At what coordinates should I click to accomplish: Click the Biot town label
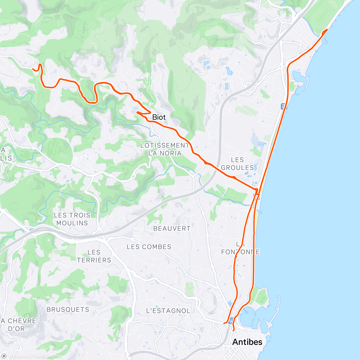click(159, 117)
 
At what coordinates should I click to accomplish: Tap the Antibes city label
click(247, 342)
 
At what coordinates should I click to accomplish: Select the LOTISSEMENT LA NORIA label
click(165, 149)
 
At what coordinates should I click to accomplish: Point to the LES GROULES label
click(238, 163)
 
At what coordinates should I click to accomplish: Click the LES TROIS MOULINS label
click(72, 219)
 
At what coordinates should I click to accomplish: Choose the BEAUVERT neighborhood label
click(172, 229)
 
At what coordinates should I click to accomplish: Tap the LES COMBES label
click(149, 247)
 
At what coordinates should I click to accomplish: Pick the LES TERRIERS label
click(94, 256)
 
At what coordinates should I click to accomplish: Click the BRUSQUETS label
click(68, 309)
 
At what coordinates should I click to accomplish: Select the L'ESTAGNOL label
click(168, 311)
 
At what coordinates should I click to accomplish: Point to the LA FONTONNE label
click(240, 248)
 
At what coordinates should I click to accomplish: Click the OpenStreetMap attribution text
click(48, 356)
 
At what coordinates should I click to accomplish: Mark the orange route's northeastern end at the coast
click(327, 30)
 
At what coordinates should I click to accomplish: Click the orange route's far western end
click(33, 69)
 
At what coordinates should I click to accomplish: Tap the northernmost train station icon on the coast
click(283, 106)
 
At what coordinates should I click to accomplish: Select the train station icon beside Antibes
click(231, 321)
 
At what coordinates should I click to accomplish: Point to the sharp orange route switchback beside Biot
click(137, 112)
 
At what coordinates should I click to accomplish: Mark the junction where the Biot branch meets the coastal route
click(257, 190)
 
